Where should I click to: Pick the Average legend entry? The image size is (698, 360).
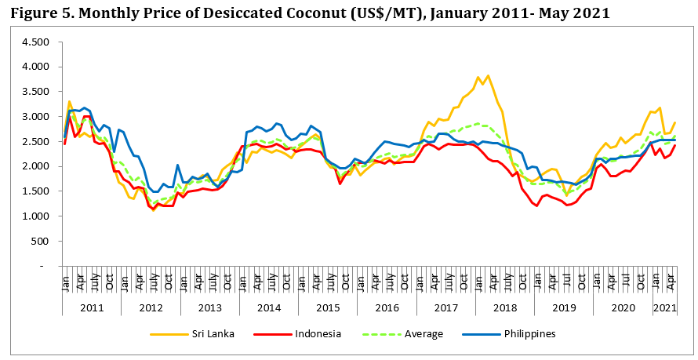point(424,334)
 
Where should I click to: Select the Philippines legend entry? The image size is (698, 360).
point(529,334)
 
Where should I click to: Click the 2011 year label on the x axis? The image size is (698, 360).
point(92,307)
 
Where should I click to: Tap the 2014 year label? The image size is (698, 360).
point(269,307)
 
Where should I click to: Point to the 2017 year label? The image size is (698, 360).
point(446,307)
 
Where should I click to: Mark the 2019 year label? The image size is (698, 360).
point(564,307)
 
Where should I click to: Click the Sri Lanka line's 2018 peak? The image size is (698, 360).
point(488,76)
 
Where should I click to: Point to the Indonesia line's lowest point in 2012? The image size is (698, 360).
point(154,210)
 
